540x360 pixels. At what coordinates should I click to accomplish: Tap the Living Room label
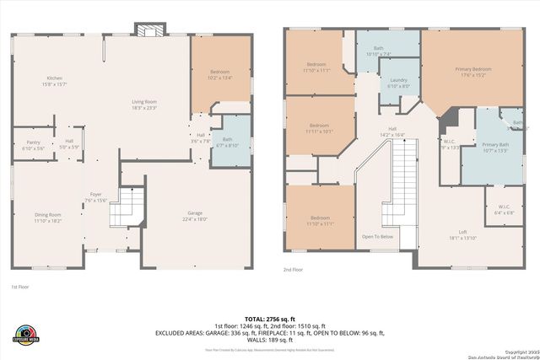pyautogui.click(x=144, y=105)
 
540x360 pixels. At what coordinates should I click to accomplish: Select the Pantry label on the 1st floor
pyautogui.click(x=34, y=145)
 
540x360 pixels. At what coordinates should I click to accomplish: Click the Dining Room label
pyautogui.click(x=48, y=218)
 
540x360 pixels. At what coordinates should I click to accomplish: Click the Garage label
pyautogui.click(x=195, y=216)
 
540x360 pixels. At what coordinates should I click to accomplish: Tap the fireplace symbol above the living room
pyautogui.click(x=149, y=31)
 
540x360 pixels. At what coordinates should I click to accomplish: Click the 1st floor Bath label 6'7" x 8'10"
pyautogui.click(x=227, y=142)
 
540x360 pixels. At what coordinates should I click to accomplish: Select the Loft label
pyautogui.click(x=462, y=235)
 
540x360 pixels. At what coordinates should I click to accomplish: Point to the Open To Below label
pyautogui.click(x=378, y=237)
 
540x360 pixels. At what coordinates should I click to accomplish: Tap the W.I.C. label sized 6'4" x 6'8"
pyautogui.click(x=504, y=210)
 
